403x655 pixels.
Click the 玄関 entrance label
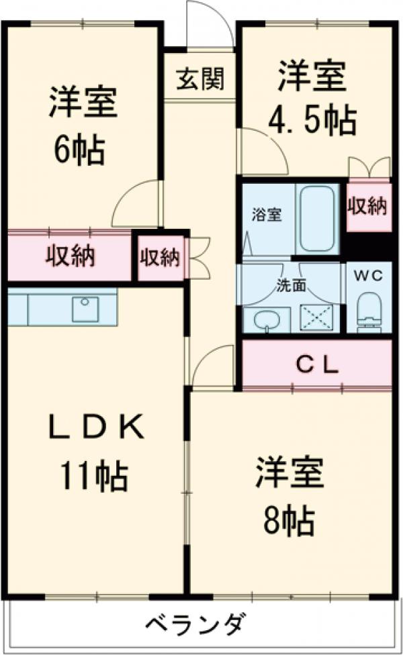(x=200, y=80)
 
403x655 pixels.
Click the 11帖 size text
(x=94, y=476)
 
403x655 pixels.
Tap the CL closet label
(x=316, y=365)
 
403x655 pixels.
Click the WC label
(x=367, y=276)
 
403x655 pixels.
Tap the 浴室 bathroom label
(x=267, y=215)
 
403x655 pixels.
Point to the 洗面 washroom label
(x=291, y=285)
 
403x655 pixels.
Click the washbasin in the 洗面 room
(x=267, y=319)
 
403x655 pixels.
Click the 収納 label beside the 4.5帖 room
(x=367, y=207)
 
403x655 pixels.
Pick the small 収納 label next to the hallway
(x=161, y=257)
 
